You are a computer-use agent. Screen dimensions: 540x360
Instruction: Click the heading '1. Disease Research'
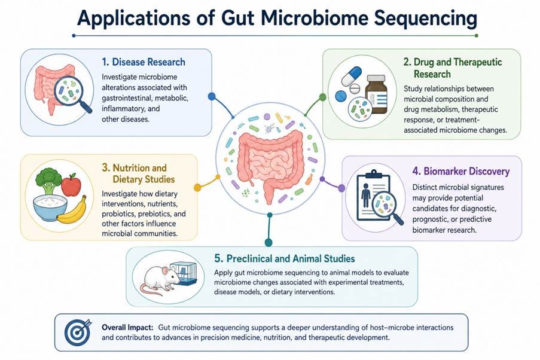point(144,62)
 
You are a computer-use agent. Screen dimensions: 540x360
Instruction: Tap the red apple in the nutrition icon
point(71,185)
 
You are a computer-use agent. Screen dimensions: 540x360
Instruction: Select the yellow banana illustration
point(72,210)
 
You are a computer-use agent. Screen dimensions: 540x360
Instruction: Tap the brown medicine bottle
point(376,94)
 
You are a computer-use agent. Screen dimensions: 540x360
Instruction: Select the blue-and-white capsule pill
point(351,76)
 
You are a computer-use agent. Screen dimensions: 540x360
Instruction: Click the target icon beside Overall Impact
point(78,332)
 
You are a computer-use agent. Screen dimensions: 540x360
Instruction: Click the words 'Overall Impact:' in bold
point(127,327)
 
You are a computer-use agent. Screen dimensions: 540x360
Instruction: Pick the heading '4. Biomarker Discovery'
point(461,171)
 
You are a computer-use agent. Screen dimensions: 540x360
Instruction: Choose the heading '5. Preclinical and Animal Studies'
point(285,258)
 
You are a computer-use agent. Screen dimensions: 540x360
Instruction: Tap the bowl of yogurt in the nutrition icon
point(50,208)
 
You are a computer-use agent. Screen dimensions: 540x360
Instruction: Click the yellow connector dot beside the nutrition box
point(197,187)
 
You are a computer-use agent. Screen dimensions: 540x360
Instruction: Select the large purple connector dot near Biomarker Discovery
point(341,188)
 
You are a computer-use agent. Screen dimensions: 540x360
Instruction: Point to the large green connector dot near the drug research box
point(323,97)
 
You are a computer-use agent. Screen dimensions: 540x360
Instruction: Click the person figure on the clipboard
point(366,195)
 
